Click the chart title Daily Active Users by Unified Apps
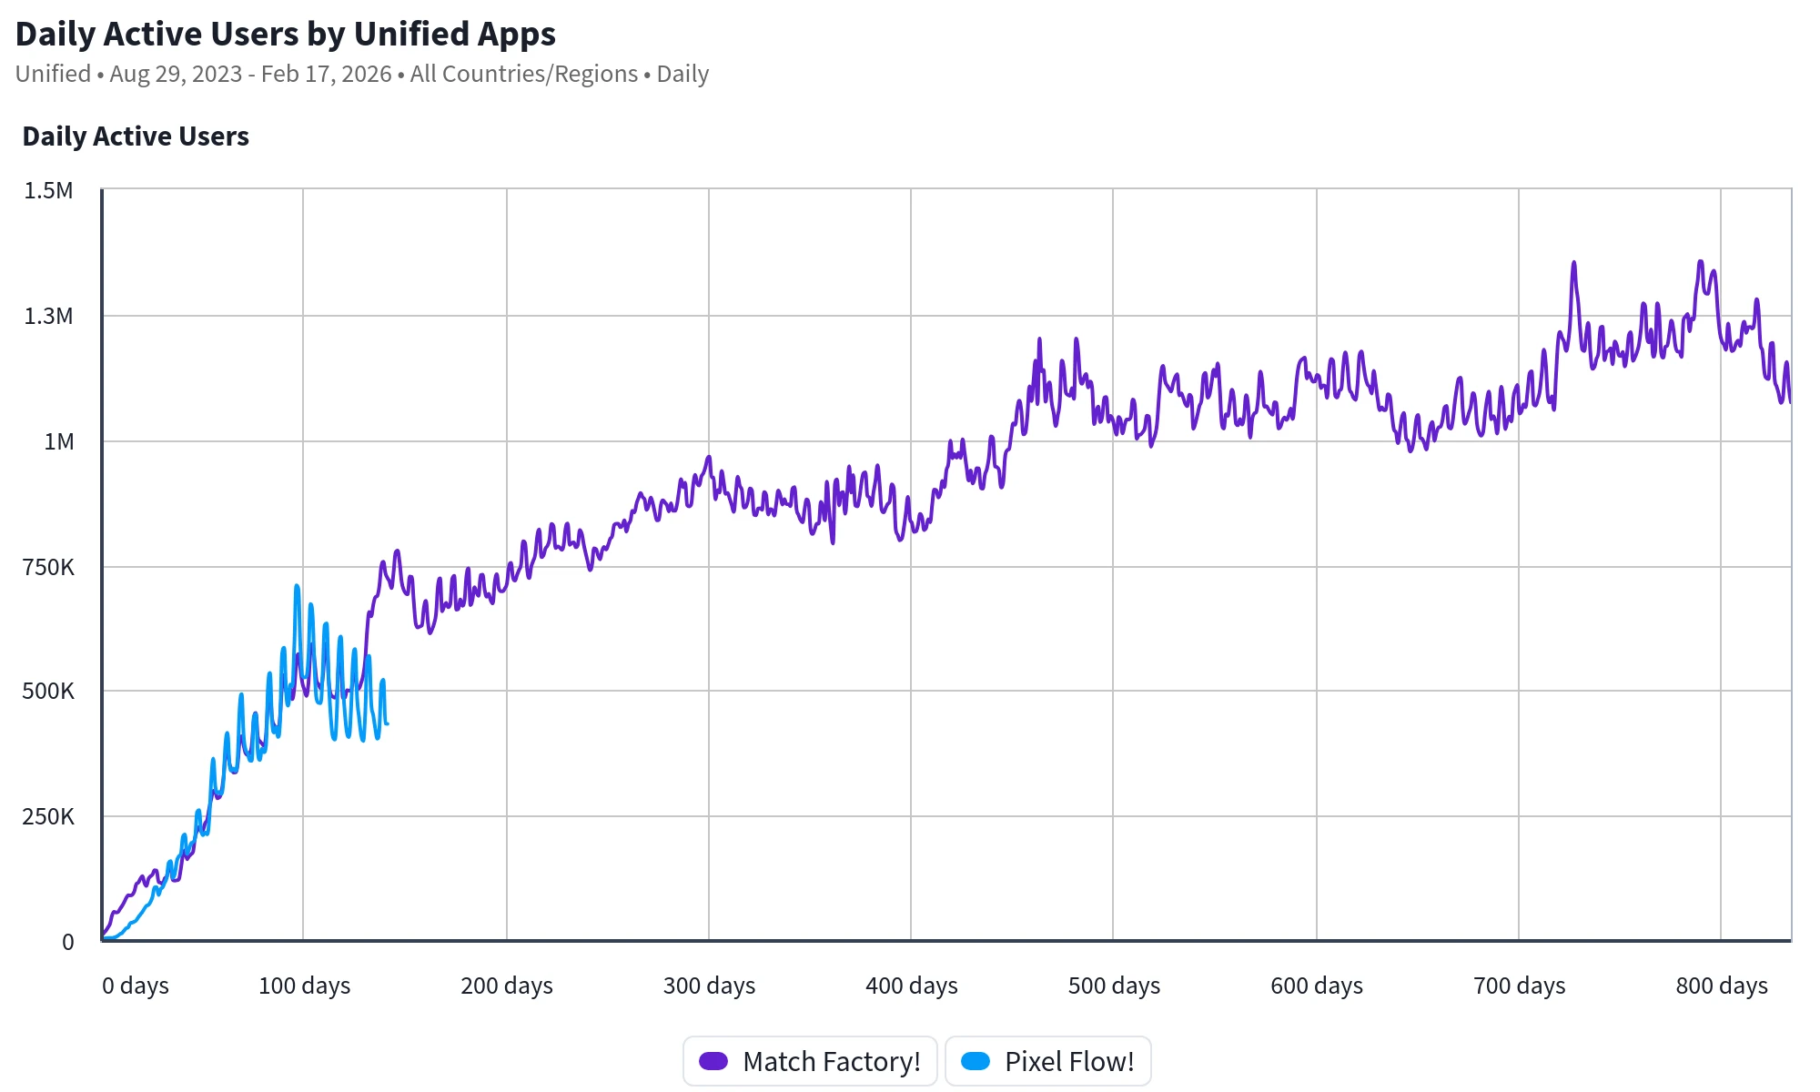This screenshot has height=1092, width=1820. [286, 35]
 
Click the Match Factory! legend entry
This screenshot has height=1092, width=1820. [810, 1061]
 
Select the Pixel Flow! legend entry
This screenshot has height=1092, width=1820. [1048, 1061]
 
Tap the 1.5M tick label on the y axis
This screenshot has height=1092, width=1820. [48, 191]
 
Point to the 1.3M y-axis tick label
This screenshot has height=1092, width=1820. [48, 317]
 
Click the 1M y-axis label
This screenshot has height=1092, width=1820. [59, 442]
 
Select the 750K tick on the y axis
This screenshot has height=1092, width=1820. [48, 568]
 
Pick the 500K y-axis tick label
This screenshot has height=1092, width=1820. [48, 692]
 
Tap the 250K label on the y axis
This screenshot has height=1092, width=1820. [48, 817]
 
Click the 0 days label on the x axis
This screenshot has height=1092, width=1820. [136, 986]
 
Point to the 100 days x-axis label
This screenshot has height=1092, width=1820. [304, 986]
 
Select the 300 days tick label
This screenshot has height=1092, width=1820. [709, 986]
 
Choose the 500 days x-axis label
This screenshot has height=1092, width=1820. [1114, 986]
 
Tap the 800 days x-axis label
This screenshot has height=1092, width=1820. [1722, 986]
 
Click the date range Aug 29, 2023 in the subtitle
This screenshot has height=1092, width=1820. [176, 75]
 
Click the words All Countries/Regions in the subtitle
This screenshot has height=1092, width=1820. [524, 75]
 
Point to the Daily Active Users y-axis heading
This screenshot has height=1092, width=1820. [136, 136]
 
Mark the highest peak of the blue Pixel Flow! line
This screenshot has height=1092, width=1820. [297, 586]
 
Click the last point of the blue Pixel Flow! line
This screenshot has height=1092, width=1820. [388, 723]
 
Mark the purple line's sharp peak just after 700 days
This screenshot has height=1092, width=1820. [1573, 263]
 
